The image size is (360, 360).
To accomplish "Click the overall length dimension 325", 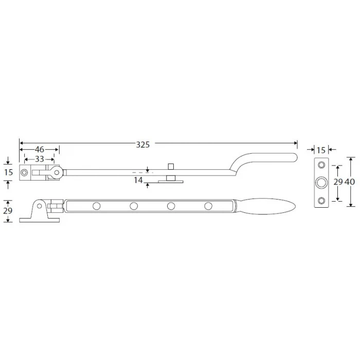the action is pyautogui.click(x=143, y=145).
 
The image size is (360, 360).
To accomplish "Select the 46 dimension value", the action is pyautogui.click(x=40, y=150).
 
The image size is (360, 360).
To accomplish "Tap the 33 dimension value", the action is pyautogui.click(x=39, y=159).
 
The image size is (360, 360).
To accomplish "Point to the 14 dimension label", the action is pyautogui.click(x=138, y=180).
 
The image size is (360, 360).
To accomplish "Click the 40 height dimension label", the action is pyautogui.click(x=350, y=182).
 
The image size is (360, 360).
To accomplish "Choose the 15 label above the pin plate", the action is pyautogui.click(x=321, y=150).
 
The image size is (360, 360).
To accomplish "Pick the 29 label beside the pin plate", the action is pyautogui.click(x=338, y=182).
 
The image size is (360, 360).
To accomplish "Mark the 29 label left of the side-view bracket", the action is pyautogui.click(x=8, y=211).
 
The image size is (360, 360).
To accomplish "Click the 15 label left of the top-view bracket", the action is pyautogui.click(x=8, y=172).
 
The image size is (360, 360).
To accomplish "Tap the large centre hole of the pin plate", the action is pyautogui.click(x=321, y=183).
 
